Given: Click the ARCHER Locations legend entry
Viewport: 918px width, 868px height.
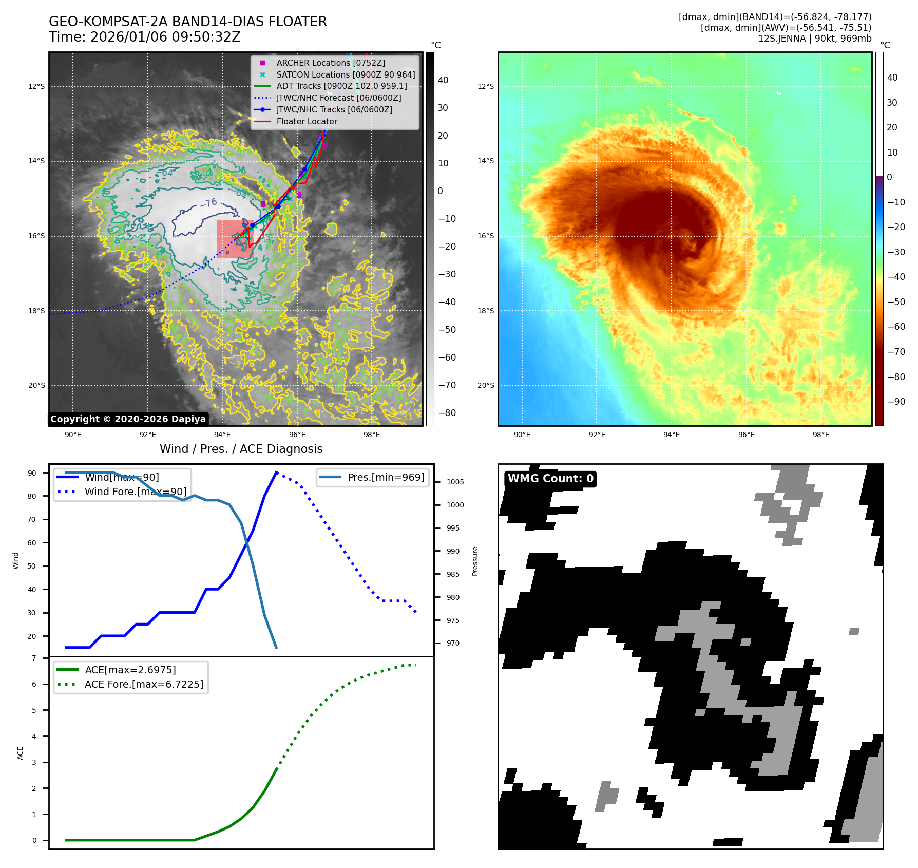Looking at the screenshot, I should [330, 63].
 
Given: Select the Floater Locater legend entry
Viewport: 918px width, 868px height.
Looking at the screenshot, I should [307, 121].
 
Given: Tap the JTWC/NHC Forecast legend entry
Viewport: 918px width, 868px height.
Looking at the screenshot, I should [338, 98].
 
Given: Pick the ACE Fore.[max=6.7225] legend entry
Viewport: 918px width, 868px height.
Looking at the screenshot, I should [144, 684].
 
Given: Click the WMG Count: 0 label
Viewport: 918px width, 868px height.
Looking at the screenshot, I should [550, 479].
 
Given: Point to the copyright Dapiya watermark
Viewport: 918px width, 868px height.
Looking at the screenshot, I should [128, 419].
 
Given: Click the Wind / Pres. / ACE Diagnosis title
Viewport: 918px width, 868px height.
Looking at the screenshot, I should [241, 449].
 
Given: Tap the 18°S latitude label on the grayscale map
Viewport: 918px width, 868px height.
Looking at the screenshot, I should [36, 311].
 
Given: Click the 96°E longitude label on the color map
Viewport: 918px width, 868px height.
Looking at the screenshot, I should [746, 435].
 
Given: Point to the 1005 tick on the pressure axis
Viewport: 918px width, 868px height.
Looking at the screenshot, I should [455, 482].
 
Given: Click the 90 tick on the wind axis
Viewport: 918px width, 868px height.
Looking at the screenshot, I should [32, 473].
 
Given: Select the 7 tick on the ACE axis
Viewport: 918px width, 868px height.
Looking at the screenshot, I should [34, 658].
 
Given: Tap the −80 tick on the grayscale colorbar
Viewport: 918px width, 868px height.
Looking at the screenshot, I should [447, 413].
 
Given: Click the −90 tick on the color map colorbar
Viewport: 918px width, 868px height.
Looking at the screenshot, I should [896, 402].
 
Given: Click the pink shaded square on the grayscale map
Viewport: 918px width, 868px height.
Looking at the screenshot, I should [235, 239].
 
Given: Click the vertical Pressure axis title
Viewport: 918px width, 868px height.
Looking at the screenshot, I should [475, 561].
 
